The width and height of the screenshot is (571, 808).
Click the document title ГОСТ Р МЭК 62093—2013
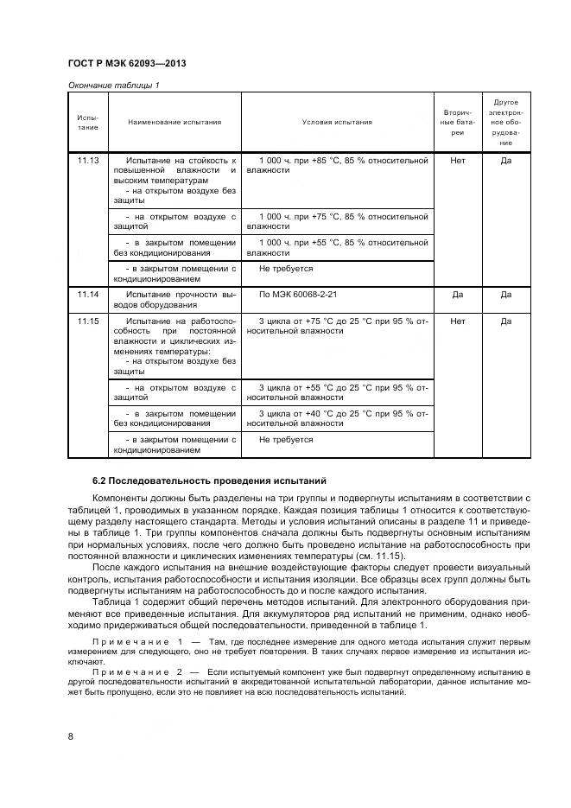click(126, 65)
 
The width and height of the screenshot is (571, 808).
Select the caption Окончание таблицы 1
click(113, 85)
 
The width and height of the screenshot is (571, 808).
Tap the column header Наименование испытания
click(174, 122)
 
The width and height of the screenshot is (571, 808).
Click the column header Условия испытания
click(337, 122)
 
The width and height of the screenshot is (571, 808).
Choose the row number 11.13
click(88, 161)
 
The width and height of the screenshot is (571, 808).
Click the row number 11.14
click(88, 295)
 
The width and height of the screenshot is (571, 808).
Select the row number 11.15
click(88, 321)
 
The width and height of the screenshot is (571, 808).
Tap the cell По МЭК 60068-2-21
click(299, 295)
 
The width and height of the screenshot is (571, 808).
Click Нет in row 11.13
click(458, 161)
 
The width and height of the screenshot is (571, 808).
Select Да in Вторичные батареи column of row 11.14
click(458, 295)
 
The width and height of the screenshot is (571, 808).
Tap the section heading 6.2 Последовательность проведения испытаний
click(210, 480)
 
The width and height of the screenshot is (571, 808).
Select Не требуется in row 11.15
click(286, 440)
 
